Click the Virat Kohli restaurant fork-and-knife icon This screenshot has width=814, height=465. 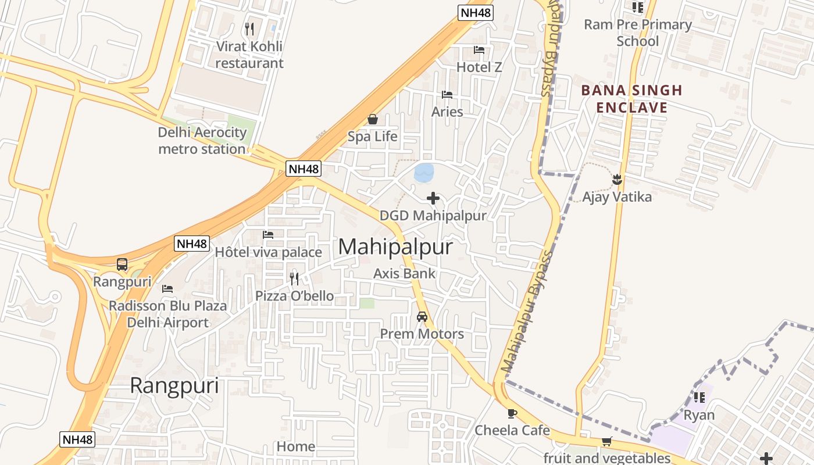click(x=249, y=28)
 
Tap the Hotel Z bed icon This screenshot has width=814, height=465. click(x=479, y=49)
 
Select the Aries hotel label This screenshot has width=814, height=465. click(x=447, y=112)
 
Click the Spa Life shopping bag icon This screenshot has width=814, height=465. click(x=373, y=119)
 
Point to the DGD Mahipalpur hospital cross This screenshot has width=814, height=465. click(x=433, y=198)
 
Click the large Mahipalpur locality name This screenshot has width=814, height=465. click(x=395, y=246)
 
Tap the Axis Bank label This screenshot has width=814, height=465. click(x=404, y=273)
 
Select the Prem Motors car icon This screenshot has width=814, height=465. click(x=422, y=317)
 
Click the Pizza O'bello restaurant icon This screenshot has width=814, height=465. click(x=294, y=278)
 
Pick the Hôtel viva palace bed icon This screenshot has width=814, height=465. click(x=268, y=235)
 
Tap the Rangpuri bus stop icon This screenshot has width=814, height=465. click(x=122, y=264)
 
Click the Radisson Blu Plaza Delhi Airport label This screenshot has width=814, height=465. click(x=168, y=314)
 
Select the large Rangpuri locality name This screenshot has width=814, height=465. click(x=174, y=385)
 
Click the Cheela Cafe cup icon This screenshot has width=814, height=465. click(x=512, y=413)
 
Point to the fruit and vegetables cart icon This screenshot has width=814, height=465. click(x=606, y=442)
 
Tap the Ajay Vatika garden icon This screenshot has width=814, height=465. click(x=617, y=180)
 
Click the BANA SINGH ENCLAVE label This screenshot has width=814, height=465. click(x=631, y=99)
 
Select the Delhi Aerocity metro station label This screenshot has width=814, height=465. click(x=202, y=141)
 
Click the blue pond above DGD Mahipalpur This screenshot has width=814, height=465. click(x=423, y=172)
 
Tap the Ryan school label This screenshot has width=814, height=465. click(x=699, y=415)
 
